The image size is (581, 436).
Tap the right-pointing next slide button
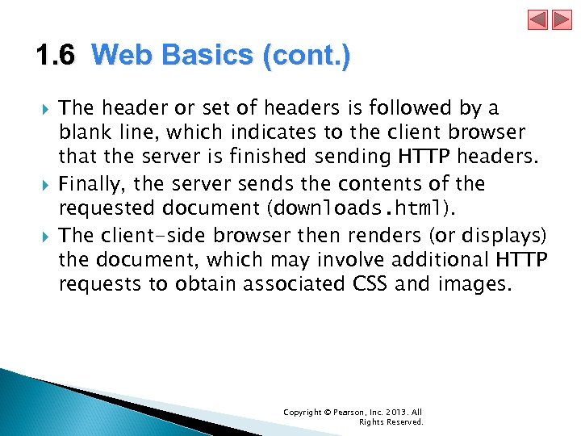561,19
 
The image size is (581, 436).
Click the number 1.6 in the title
55,56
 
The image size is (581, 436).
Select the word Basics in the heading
209,56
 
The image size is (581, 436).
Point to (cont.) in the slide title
306,56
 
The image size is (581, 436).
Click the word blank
83,132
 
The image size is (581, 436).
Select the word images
474,285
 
